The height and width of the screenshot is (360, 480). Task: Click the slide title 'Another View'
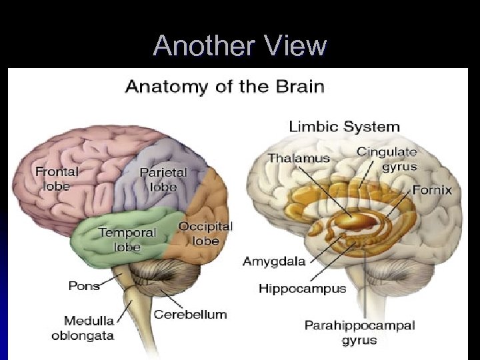[240, 46]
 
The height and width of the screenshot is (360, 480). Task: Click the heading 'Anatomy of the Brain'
[225, 86]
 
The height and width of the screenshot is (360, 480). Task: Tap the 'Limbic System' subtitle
[344, 126]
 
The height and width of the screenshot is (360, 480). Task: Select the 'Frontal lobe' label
[57, 178]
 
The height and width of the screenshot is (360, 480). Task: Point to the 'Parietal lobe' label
[163, 179]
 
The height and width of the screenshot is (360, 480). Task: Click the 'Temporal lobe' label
[127, 239]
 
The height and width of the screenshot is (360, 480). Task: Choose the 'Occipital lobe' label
[205, 233]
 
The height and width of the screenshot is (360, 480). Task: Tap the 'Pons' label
[84, 285]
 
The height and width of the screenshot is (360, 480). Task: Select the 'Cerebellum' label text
[191, 314]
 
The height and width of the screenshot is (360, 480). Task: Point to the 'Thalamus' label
[299, 158]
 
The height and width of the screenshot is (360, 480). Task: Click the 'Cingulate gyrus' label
[387, 159]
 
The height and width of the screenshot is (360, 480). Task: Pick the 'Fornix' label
[432, 190]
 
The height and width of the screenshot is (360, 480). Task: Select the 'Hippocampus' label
[303, 289]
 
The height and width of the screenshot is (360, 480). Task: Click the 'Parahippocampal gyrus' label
[359, 332]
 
